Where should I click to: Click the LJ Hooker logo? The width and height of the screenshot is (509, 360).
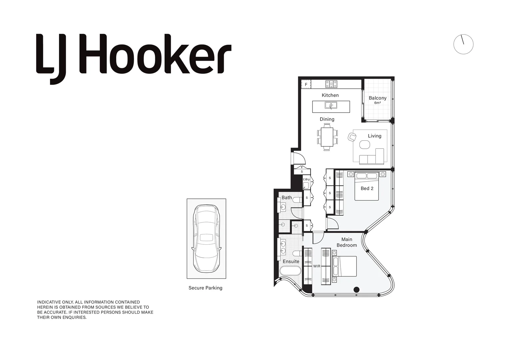pyautogui.click(x=133, y=55)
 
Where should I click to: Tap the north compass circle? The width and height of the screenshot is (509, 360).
pyautogui.click(x=463, y=44)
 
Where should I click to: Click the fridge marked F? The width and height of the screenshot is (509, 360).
pyautogui.click(x=306, y=84)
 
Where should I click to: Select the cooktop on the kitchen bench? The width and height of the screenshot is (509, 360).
pyautogui.click(x=331, y=84)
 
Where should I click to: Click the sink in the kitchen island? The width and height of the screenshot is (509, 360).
pyautogui.click(x=331, y=106)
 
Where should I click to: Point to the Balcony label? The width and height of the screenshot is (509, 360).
pyautogui.click(x=377, y=98)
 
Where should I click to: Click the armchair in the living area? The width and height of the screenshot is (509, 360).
pyautogui.click(x=352, y=137)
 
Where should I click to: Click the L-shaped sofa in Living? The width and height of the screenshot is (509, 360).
pyautogui.click(x=373, y=158)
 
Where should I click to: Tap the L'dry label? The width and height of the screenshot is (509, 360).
pyautogui.click(x=306, y=179)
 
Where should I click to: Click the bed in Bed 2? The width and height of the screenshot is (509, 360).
pyautogui.click(x=366, y=187)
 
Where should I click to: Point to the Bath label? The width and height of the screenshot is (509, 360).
pyautogui.click(x=286, y=198)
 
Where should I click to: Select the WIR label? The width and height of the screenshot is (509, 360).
pyautogui.click(x=316, y=266)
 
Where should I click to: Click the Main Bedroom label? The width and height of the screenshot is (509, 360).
pyautogui.click(x=346, y=242)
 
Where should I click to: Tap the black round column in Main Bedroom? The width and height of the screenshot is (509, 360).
pyautogui.click(x=356, y=289)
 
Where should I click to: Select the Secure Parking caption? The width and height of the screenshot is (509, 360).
pyautogui.click(x=205, y=288)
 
